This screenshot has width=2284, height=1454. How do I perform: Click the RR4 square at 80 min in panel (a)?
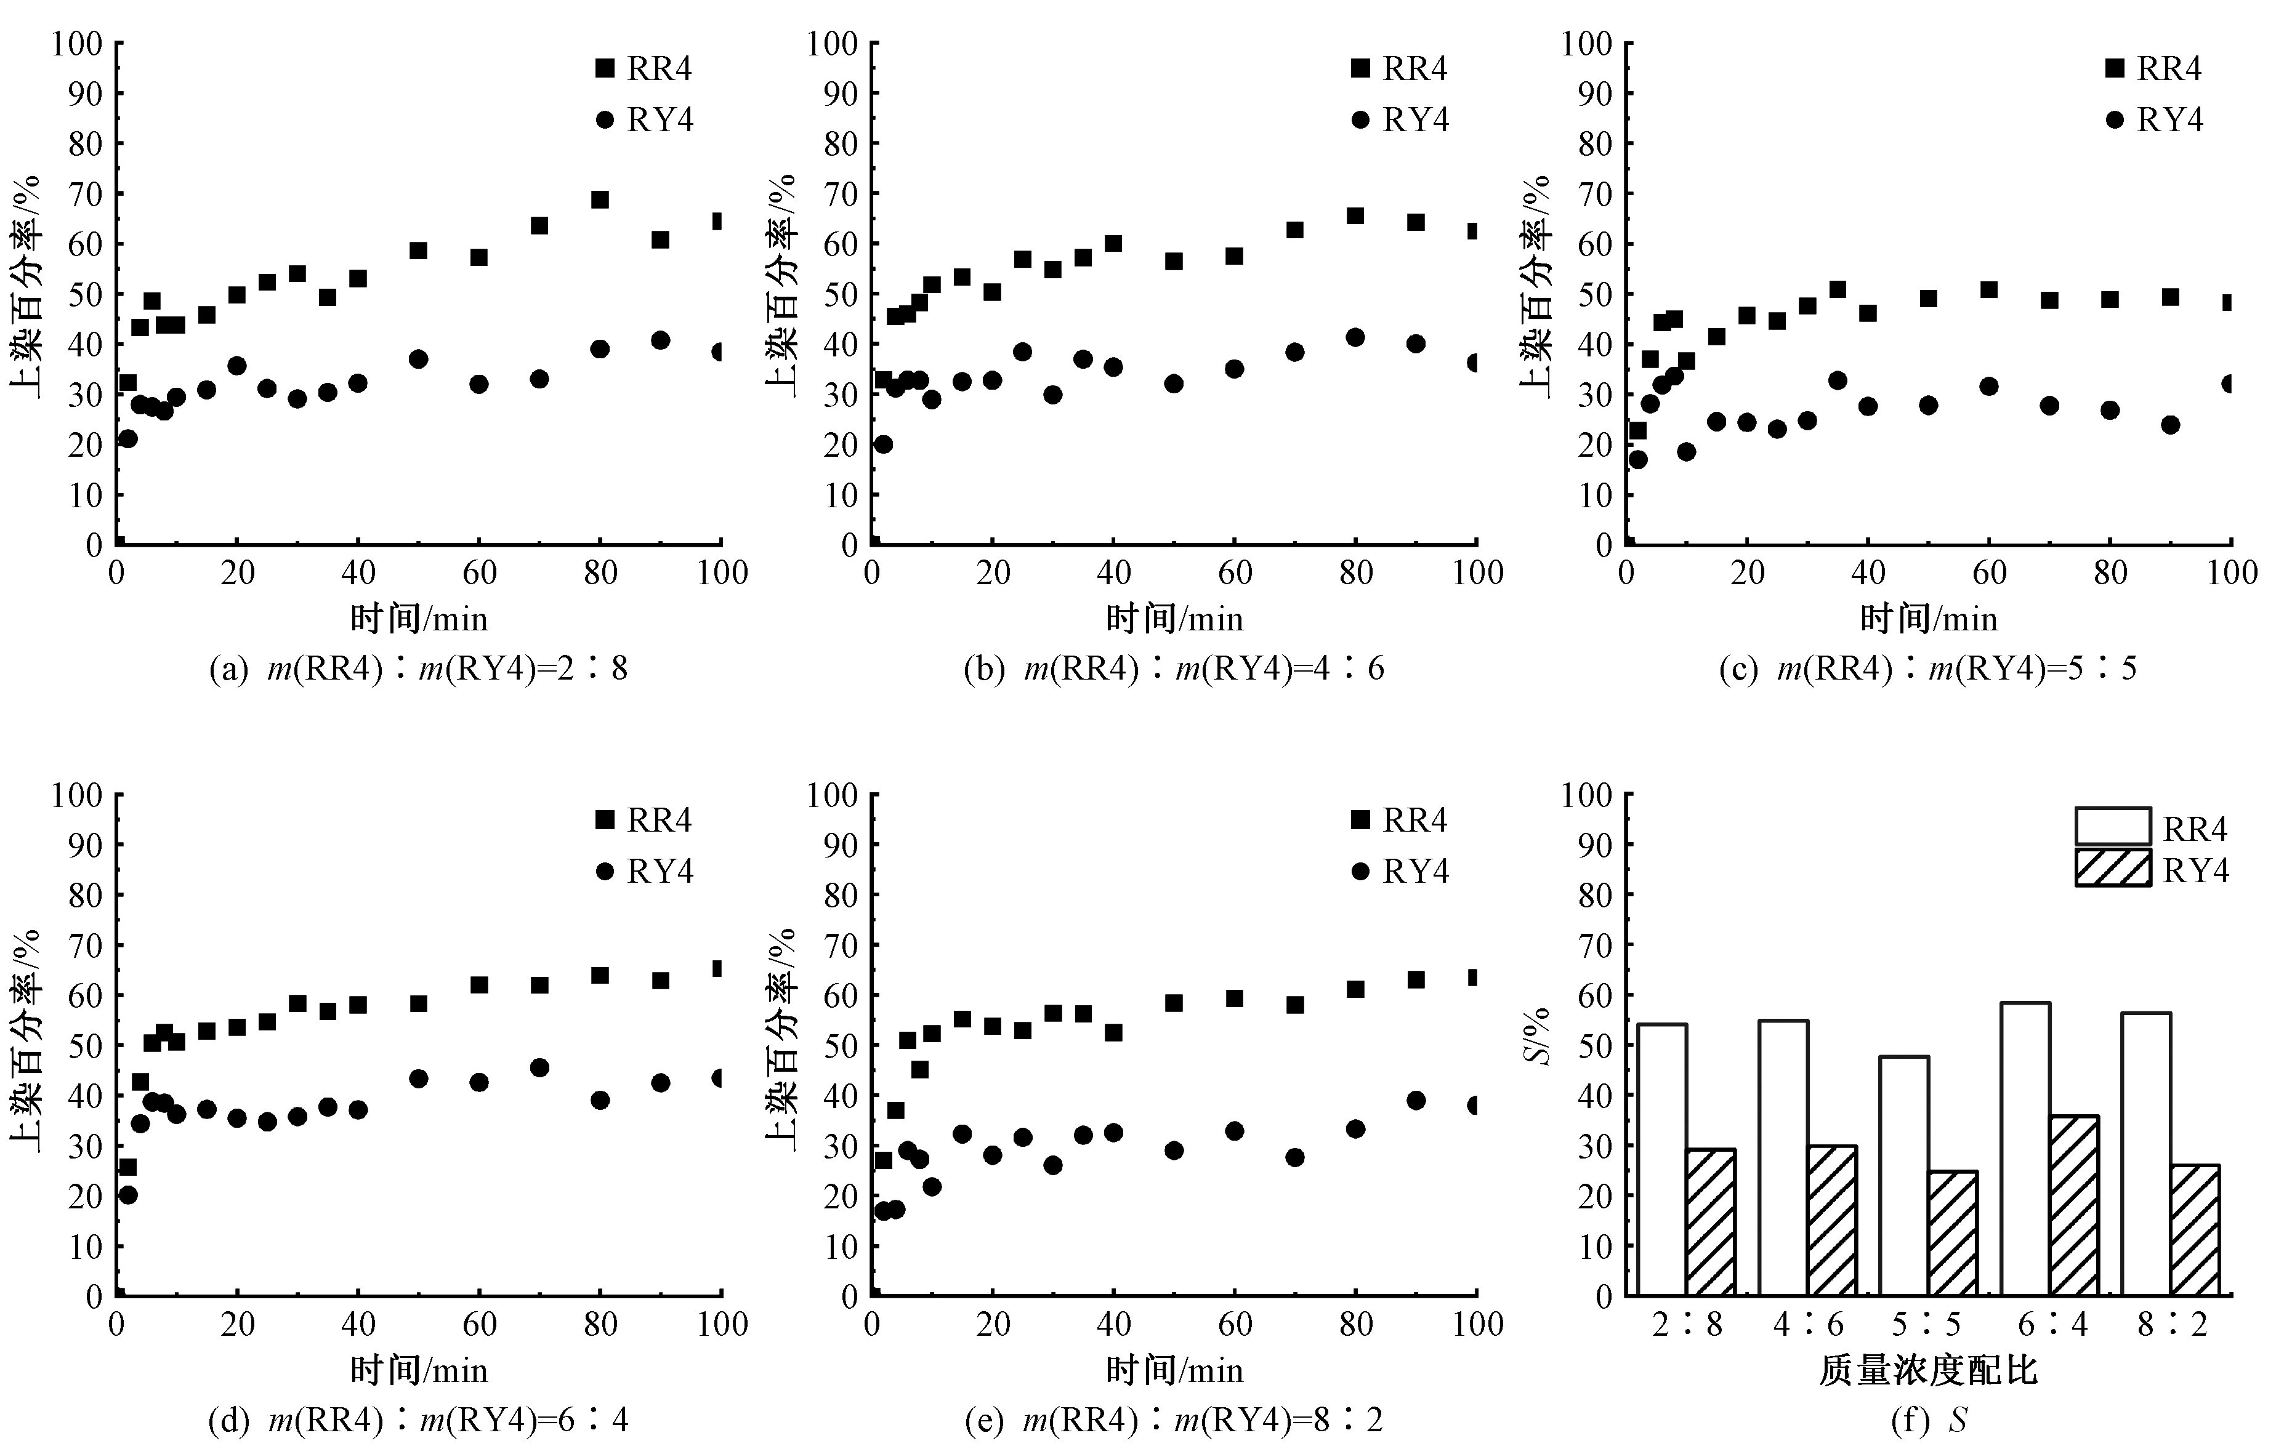coord(599,199)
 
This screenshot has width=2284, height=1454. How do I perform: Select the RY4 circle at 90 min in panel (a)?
coord(660,340)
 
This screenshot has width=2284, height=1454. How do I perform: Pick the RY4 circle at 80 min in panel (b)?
coord(1355,337)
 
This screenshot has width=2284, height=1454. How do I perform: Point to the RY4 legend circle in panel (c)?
coord(2115,119)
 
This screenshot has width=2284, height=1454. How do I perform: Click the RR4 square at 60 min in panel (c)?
coord(1989,289)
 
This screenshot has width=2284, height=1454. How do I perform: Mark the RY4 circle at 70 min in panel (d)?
coord(539,1067)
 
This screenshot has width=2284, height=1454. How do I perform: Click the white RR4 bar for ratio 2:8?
coord(1662,1159)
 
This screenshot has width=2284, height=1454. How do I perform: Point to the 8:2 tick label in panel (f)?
coord(2172,1324)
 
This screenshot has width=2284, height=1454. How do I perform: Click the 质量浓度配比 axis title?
coord(1928,1370)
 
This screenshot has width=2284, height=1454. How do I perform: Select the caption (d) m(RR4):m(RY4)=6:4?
coord(418,1420)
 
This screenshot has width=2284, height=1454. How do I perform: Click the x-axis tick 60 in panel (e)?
coord(1234,1324)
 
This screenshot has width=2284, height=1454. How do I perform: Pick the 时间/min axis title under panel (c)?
coord(1928,619)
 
